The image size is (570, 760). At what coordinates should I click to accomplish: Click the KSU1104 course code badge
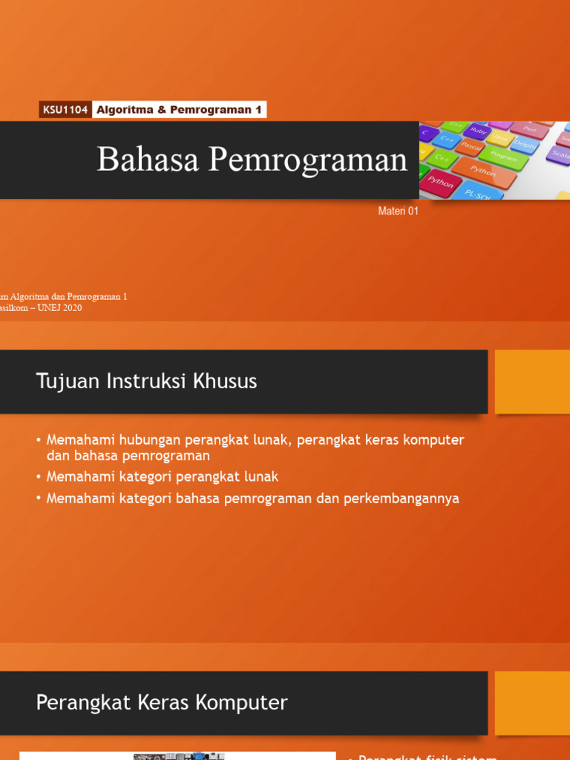[65, 110]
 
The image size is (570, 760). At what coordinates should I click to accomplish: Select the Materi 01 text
[399, 212]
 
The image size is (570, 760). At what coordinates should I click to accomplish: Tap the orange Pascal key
[471, 145]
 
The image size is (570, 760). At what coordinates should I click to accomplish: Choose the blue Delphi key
[525, 145]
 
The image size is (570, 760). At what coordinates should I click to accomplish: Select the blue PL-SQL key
[478, 193]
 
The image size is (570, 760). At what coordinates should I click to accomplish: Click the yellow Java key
[500, 139]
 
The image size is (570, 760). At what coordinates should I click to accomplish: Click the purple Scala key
[560, 154]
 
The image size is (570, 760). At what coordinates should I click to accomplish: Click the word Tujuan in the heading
[61, 382]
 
